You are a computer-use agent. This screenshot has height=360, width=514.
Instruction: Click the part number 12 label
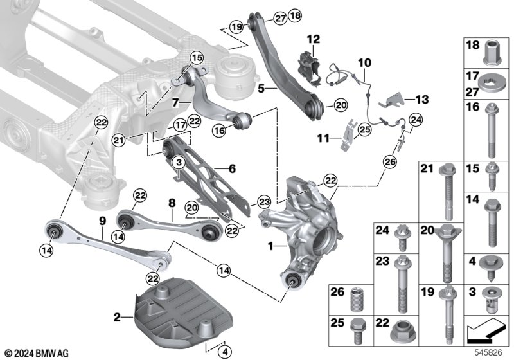tap(313, 39)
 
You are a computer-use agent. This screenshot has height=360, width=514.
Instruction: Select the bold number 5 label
tap(261, 89)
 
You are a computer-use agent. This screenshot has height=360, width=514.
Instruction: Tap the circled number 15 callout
tap(197, 59)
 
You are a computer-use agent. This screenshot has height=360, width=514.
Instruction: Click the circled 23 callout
tap(264, 202)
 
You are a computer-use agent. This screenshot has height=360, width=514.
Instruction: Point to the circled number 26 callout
tap(390, 161)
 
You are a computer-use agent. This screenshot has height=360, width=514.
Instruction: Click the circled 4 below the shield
tap(224, 352)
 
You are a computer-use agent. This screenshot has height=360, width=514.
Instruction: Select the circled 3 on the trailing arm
tap(179, 162)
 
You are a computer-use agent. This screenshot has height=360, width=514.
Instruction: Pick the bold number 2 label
tap(117, 317)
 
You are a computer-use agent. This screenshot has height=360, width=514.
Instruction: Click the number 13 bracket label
tap(422, 100)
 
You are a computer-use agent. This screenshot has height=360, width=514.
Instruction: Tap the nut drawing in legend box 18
tap(491, 53)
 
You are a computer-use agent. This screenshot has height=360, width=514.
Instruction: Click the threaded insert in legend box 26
tap(358, 300)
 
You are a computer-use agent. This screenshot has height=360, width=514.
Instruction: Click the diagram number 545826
tap(488, 353)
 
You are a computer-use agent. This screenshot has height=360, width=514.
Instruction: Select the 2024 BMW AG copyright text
tap(37, 354)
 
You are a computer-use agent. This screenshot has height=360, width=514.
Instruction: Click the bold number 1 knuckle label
tap(270, 246)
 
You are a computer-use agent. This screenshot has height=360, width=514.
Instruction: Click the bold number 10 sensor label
tap(364, 62)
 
